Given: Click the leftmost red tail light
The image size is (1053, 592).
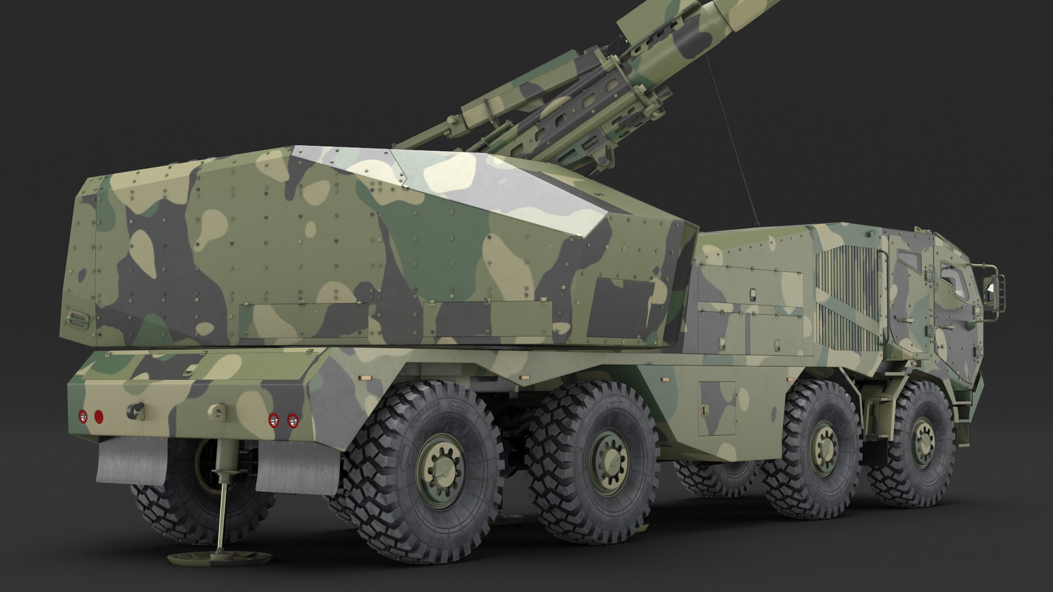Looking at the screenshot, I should tap(83, 416).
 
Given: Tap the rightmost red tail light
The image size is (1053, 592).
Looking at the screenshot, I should tap(292, 420).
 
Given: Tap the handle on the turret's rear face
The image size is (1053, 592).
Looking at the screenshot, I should tap(77, 318).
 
